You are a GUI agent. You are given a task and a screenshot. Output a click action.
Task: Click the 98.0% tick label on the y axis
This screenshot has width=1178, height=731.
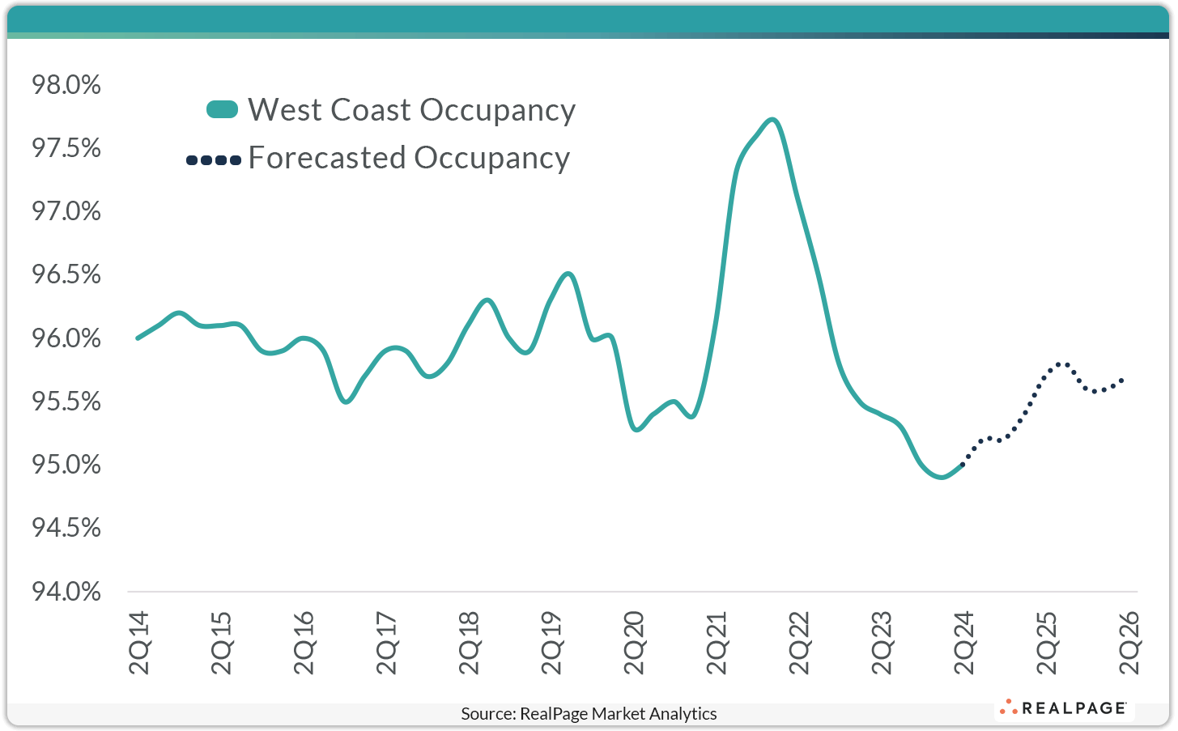66,85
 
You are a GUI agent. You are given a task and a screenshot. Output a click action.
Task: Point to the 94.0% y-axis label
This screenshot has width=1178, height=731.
66,592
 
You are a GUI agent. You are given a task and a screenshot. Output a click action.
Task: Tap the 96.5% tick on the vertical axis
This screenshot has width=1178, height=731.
66,275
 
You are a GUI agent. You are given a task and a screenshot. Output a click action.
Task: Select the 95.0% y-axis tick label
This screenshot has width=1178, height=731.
66,465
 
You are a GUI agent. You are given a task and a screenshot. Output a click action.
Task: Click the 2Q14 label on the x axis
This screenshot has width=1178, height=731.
139,643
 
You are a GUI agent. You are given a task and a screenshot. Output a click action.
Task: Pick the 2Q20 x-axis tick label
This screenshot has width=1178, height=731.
634,643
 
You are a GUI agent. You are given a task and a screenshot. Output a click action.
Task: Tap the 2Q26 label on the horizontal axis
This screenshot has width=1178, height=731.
1129,643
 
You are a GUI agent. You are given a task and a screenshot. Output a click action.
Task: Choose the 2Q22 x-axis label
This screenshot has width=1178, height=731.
799,643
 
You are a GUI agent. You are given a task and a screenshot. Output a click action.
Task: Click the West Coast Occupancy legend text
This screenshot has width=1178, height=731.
411,110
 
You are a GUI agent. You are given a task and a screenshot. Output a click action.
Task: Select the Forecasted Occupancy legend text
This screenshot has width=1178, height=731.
409,158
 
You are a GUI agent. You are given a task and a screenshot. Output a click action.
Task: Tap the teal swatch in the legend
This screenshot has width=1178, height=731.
222,110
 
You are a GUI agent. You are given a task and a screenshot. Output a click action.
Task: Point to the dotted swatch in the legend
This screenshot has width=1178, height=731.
214,160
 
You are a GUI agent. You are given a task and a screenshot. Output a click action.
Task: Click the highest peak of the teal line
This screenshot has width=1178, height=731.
772,120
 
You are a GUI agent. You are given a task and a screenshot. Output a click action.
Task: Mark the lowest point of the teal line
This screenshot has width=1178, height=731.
940,477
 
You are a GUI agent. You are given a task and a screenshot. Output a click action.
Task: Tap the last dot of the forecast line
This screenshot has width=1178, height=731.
1122,380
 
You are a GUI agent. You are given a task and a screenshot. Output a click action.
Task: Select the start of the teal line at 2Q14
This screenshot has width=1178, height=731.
138,338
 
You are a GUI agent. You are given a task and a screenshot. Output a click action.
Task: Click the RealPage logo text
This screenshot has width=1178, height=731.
1074,708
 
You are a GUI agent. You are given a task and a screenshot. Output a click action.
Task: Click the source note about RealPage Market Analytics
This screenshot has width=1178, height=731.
589,714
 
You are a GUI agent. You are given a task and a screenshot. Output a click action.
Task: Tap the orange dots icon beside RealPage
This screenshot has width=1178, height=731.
1009,708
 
